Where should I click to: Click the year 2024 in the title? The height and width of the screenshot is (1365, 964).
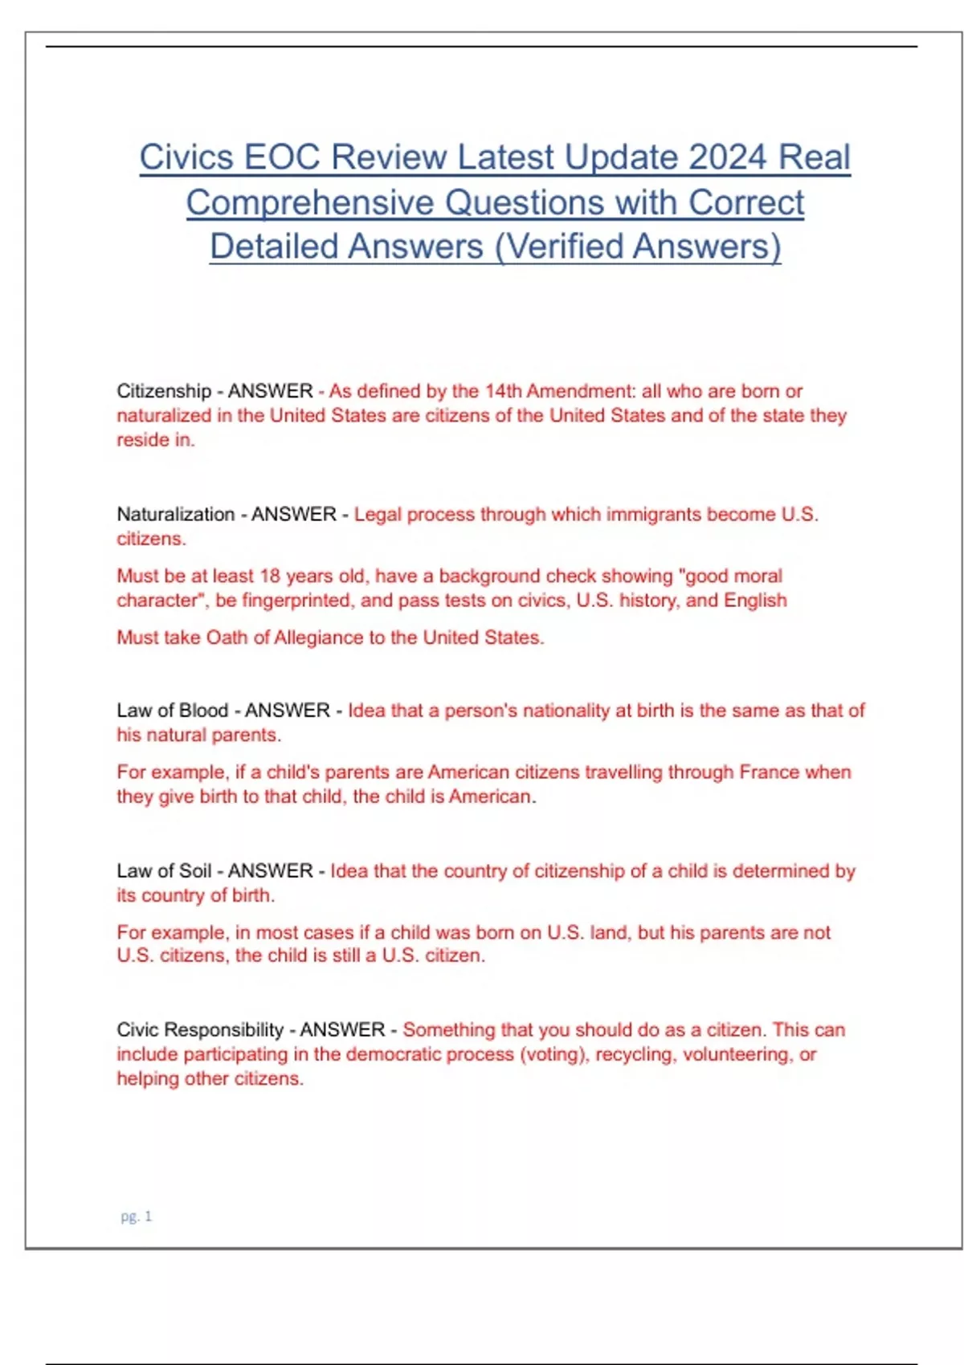pos(727,157)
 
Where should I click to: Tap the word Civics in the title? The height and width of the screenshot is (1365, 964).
pos(186,157)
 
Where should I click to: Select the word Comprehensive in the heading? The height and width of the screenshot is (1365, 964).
pos(309,203)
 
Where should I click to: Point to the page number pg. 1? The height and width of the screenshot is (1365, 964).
pos(136,1216)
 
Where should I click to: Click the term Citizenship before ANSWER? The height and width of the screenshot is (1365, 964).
pos(164,391)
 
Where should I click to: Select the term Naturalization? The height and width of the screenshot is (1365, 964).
pos(175,514)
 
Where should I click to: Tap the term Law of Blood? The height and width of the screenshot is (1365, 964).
pos(172,711)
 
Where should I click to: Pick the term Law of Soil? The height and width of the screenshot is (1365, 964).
pos(164,870)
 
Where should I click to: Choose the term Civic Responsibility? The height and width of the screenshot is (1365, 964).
pos(200,1029)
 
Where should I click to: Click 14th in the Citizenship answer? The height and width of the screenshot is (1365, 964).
pos(503,391)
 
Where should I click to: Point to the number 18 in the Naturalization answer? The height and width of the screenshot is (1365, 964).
pos(270,576)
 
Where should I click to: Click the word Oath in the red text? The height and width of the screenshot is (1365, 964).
pos(227,638)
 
